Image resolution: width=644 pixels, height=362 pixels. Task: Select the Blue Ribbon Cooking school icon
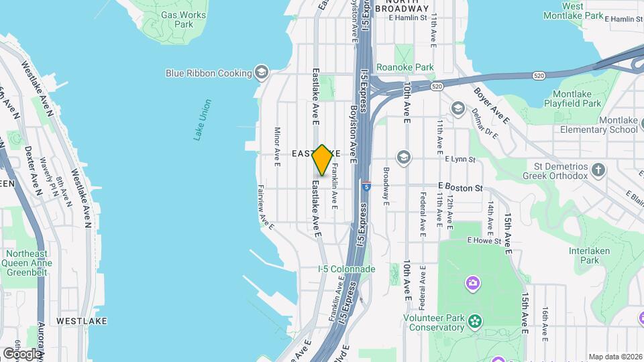pyautogui.click(x=262, y=72)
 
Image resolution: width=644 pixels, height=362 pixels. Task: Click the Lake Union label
pyautogui.click(x=202, y=120)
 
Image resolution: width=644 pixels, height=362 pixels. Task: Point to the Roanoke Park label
pyautogui.click(x=405, y=67)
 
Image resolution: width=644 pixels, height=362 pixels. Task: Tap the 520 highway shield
pyautogui.click(x=437, y=86)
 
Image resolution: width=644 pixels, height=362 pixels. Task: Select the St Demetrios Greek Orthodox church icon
pyautogui.click(x=600, y=170)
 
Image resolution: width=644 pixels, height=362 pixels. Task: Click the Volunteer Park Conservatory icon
pyautogui.click(x=476, y=320)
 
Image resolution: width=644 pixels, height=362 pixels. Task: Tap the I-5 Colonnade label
pyautogui.click(x=346, y=269)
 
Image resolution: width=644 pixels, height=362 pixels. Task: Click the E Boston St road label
pyautogui.click(x=460, y=188)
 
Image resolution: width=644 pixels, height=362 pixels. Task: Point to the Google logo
pyautogui.click(x=21, y=353)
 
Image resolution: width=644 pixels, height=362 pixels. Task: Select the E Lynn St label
pyautogui.click(x=460, y=160)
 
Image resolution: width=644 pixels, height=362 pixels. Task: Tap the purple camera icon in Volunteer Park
pyautogui.click(x=473, y=284)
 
